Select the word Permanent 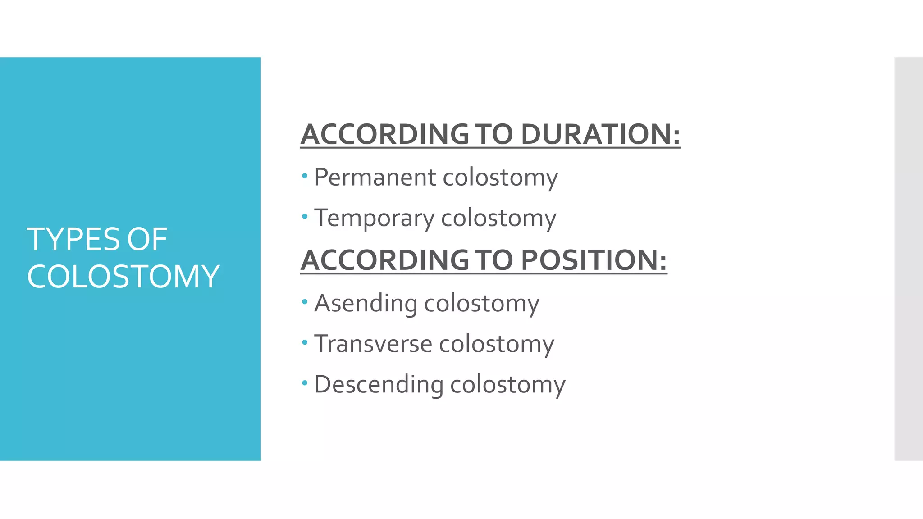(375, 177)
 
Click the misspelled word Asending (366, 303)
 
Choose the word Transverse (373, 344)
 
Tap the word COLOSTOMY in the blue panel (123, 276)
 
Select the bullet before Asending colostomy (305, 301)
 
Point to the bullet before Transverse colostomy (305, 342)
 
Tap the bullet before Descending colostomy (305, 383)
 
